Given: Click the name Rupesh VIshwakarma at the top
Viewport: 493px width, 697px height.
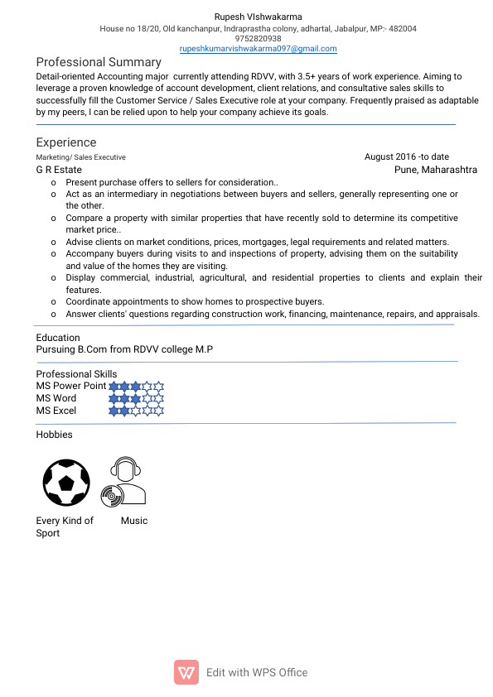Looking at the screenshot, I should click(x=258, y=17).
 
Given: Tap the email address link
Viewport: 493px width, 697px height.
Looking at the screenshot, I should click(x=258, y=49).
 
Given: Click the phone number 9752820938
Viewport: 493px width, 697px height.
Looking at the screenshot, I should click(x=258, y=38).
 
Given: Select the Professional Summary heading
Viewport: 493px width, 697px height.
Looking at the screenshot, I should click(x=98, y=62).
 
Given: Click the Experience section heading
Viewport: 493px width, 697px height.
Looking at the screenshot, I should click(x=65, y=142).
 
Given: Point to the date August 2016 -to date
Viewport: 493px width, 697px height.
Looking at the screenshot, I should click(x=406, y=156).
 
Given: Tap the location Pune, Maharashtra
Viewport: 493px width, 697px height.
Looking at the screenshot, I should click(x=435, y=170).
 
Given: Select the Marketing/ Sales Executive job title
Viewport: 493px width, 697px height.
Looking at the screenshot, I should click(x=80, y=157).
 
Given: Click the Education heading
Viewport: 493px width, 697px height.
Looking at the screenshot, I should click(x=58, y=338).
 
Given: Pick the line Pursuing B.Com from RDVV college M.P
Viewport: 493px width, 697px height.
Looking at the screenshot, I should click(x=124, y=349).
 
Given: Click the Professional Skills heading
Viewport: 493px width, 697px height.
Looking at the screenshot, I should click(x=76, y=374).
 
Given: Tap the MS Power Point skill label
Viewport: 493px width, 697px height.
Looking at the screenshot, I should click(x=70, y=386).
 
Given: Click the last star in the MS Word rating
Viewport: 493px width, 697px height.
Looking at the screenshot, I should click(x=159, y=398).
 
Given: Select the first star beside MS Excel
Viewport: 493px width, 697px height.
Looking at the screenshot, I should click(x=114, y=410).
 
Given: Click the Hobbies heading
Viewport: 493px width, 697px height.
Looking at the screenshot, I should click(x=54, y=435).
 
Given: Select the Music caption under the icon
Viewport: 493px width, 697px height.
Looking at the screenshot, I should click(x=133, y=521).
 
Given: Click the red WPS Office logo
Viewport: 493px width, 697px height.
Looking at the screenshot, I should click(x=186, y=672).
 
